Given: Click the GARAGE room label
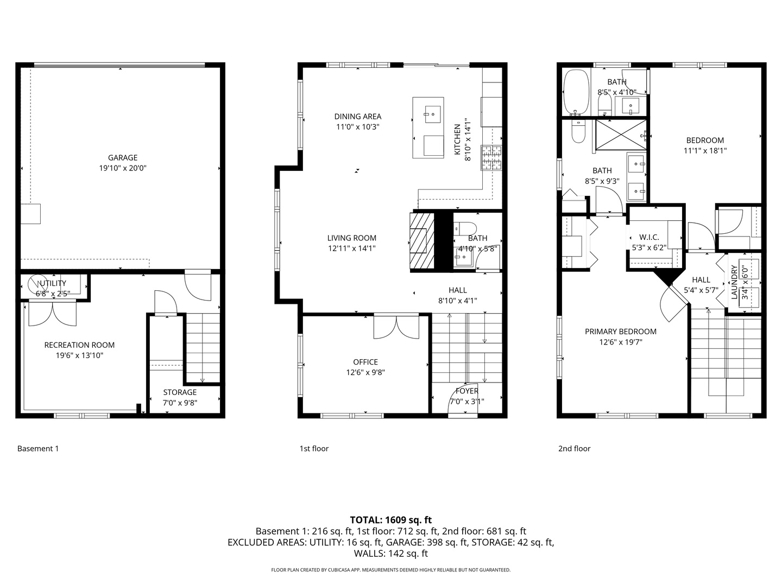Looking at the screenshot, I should tap(122, 158).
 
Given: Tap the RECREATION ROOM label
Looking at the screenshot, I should tap(79, 345).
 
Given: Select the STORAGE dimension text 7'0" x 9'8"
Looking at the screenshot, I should tap(180, 403).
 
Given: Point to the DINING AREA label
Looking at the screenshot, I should tap(357, 116).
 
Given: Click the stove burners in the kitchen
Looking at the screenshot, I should tap(492, 158).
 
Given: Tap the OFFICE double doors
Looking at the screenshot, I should tap(396, 326).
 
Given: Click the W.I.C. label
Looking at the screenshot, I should tap(649, 237).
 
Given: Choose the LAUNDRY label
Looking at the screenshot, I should tap(734, 282).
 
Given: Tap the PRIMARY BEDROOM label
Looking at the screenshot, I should tap(620, 332).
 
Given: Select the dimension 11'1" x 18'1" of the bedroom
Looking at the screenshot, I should tap(705, 151).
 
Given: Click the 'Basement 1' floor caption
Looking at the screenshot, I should tap(38, 449).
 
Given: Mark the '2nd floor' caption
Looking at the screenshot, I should tap(574, 449).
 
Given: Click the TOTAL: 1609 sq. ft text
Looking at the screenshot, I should tap(390, 520).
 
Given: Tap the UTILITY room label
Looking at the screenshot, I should tap(53, 283).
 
